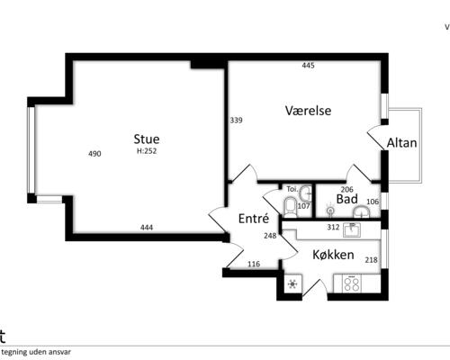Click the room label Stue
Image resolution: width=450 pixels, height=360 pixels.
[147, 139]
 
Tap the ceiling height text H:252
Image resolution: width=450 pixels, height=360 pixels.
[147, 152]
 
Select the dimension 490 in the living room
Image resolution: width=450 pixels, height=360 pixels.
[94, 154]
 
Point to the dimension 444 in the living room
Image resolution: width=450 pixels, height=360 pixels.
[147, 228]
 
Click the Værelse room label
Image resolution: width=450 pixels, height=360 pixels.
[309, 111]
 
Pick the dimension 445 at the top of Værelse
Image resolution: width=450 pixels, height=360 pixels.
[309, 66]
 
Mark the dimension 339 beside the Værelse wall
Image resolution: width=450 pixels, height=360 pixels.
[236, 120]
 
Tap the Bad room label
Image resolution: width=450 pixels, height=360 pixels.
[347, 199]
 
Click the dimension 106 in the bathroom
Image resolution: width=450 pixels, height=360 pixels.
[373, 201]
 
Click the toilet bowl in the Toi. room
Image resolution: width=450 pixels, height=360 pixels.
[288, 209]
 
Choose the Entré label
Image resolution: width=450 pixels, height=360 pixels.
[255, 219]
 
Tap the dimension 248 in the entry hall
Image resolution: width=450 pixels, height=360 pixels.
[270, 236]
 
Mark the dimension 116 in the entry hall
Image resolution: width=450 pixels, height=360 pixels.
[253, 264]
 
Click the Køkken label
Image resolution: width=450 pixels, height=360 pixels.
[332, 255]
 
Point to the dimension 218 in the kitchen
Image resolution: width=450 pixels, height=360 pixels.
[371, 260]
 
